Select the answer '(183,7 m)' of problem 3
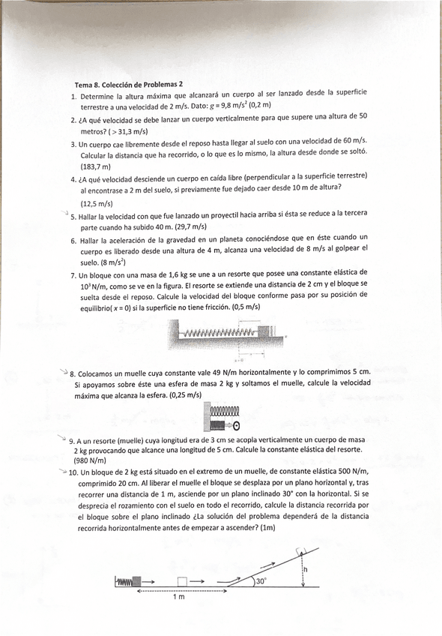click(x=95, y=166)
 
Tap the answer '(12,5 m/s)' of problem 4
click(x=97, y=203)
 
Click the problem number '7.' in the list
click(x=74, y=274)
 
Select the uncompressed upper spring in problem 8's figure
click(x=225, y=411)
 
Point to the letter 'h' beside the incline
click(x=305, y=569)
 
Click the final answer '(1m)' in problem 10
click(x=267, y=529)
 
